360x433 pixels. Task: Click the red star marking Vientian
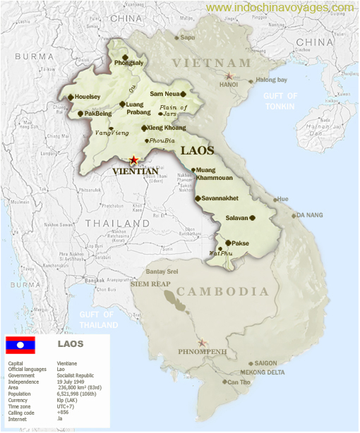[133, 161]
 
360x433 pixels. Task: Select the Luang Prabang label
[138, 108]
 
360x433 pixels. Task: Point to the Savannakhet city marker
[198, 198]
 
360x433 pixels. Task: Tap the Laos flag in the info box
[20, 345]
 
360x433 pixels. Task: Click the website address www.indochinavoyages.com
[280, 8]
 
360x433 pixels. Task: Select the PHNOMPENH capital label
[203, 350]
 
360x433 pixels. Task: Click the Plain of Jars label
[173, 110]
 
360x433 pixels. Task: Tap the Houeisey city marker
[71, 97]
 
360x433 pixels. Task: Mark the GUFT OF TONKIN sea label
[280, 100]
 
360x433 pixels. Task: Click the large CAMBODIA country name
[222, 291]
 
